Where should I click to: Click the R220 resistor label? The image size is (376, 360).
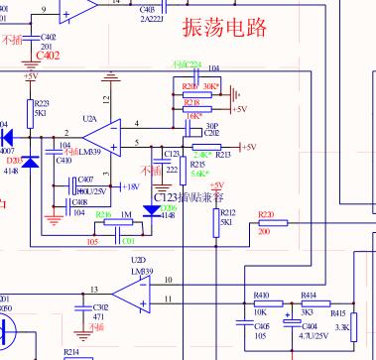265,214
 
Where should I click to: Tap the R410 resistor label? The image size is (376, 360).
262,296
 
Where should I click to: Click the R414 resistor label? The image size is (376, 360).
308,296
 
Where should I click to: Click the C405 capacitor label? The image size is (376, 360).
262,324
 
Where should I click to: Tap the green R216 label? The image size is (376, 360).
102,214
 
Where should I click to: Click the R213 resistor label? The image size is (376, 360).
223,155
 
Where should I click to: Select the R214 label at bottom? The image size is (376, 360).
71,352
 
